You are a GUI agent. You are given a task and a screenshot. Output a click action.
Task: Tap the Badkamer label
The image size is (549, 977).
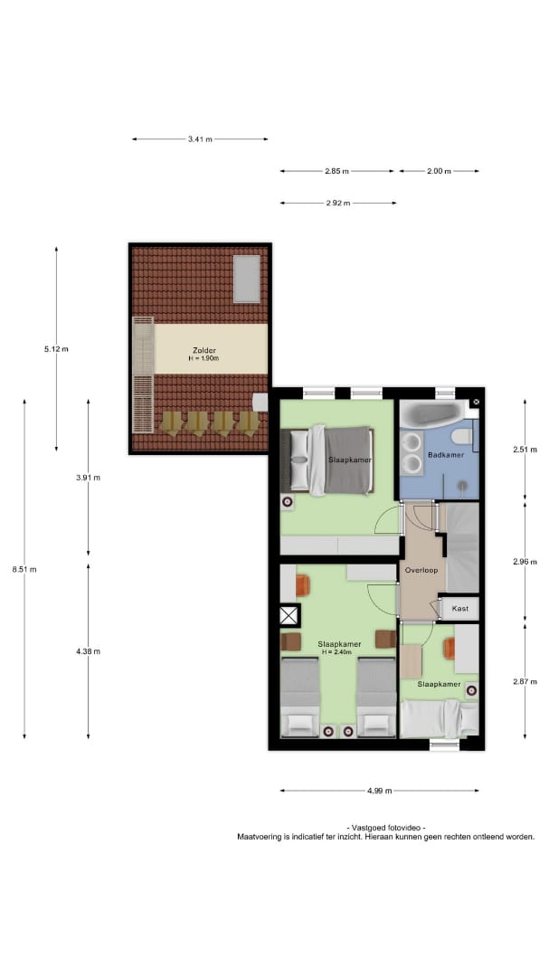pyautogui.click(x=446, y=455)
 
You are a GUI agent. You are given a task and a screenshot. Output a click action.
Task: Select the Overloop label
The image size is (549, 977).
pyautogui.click(x=421, y=570)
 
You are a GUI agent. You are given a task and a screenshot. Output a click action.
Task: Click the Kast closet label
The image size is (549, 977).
pyautogui.click(x=459, y=608)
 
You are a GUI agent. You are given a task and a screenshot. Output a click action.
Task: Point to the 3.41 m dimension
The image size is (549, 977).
pyautogui.click(x=200, y=139)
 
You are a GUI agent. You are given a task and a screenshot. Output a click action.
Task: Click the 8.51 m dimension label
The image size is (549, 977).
pyautogui.click(x=24, y=569)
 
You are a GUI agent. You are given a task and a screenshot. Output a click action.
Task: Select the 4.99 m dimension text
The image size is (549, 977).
pyautogui.click(x=380, y=791)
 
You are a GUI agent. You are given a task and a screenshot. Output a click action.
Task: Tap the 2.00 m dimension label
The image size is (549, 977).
pyautogui.click(x=439, y=171)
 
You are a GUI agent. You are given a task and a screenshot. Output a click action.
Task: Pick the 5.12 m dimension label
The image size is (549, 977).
pyautogui.click(x=56, y=349)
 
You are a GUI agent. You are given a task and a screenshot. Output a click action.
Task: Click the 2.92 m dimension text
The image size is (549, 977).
pyautogui.click(x=337, y=203)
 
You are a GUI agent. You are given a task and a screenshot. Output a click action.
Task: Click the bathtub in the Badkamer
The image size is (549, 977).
pyautogui.click(x=432, y=414)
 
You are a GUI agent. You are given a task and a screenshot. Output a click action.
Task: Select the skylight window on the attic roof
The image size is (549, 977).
pyautogui.click(x=247, y=279)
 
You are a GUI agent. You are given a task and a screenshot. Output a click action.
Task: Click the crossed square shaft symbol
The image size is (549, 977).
pyautogui.click(x=289, y=616)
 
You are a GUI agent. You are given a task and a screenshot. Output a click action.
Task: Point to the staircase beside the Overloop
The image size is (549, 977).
pyautogui.click(x=462, y=547)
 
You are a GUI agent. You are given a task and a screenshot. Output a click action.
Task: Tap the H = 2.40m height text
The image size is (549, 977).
pyautogui.click(x=337, y=651)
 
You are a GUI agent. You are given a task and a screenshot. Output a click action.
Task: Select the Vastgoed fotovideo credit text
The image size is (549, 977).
pyautogui.click(x=385, y=828)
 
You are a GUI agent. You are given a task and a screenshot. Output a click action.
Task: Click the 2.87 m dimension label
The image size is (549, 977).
pyautogui.click(x=525, y=682)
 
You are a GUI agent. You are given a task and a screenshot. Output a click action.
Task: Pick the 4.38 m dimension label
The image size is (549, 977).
pyautogui.click(x=88, y=651)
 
